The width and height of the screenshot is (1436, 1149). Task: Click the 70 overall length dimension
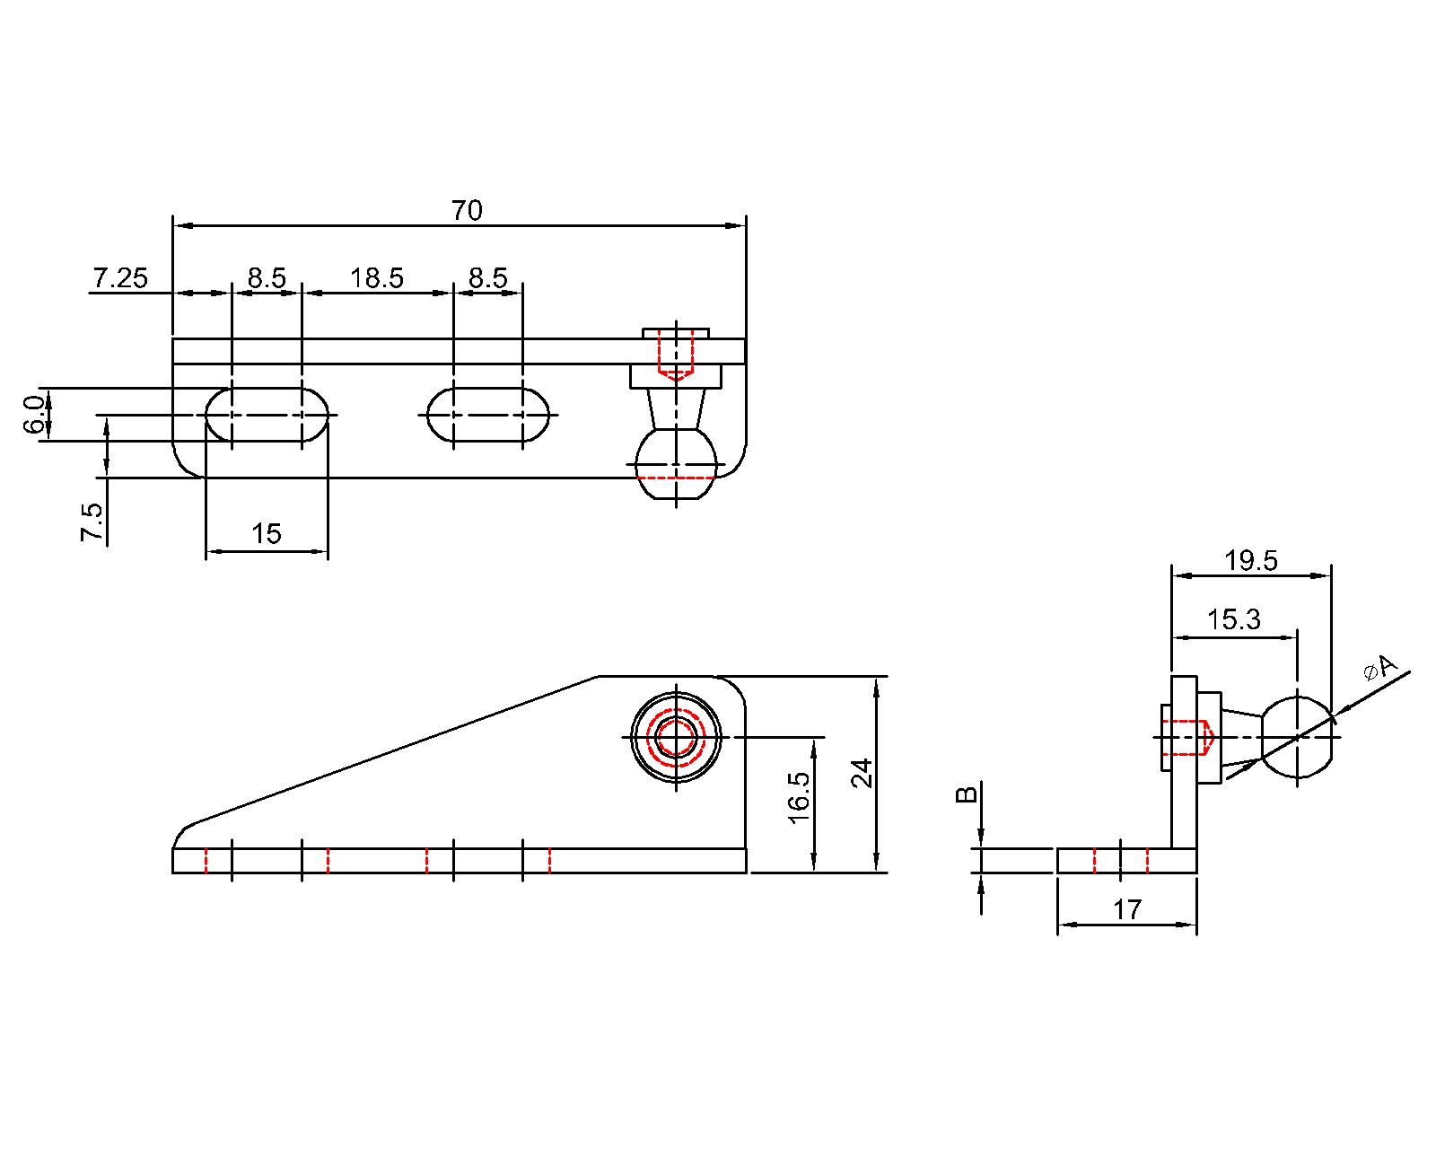click(x=467, y=211)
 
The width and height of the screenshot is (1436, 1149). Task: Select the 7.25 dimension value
click(x=119, y=278)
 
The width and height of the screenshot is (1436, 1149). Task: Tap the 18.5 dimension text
click(x=377, y=278)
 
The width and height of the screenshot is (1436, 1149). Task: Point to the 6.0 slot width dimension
click(x=32, y=415)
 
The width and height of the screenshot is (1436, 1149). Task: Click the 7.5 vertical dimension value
click(x=92, y=522)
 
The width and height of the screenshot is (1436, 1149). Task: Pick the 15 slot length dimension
click(x=267, y=534)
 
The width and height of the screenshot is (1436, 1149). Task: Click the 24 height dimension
click(x=862, y=773)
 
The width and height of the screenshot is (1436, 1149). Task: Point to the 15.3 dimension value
click(x=1233, y=619)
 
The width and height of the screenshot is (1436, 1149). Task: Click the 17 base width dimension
click(x=1127, y=910)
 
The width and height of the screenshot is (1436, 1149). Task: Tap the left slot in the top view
click(x=267, y=415)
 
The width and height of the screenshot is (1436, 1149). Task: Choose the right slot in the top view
click(x=488, y=415)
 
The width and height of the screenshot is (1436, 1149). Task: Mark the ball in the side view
click(x=1297, y=737)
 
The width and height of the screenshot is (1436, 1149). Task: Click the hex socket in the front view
click(x=677, y=737)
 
